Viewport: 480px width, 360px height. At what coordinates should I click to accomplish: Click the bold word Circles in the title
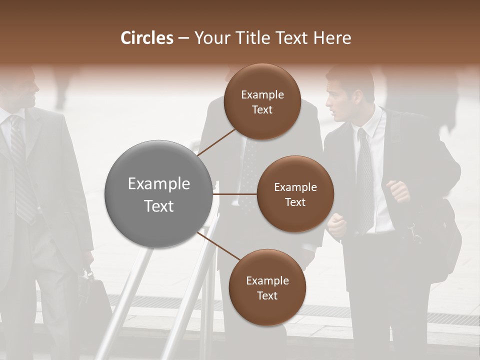pos(147,38)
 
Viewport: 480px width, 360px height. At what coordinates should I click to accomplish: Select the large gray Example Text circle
pos(159,194)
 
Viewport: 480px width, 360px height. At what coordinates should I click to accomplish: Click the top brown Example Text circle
pos(262,101)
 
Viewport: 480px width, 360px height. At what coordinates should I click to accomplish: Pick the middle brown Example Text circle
pos(295,194)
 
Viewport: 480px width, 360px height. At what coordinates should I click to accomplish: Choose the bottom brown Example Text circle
pos(267,287)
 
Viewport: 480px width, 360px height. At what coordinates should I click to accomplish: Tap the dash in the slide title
pos(183,38)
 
